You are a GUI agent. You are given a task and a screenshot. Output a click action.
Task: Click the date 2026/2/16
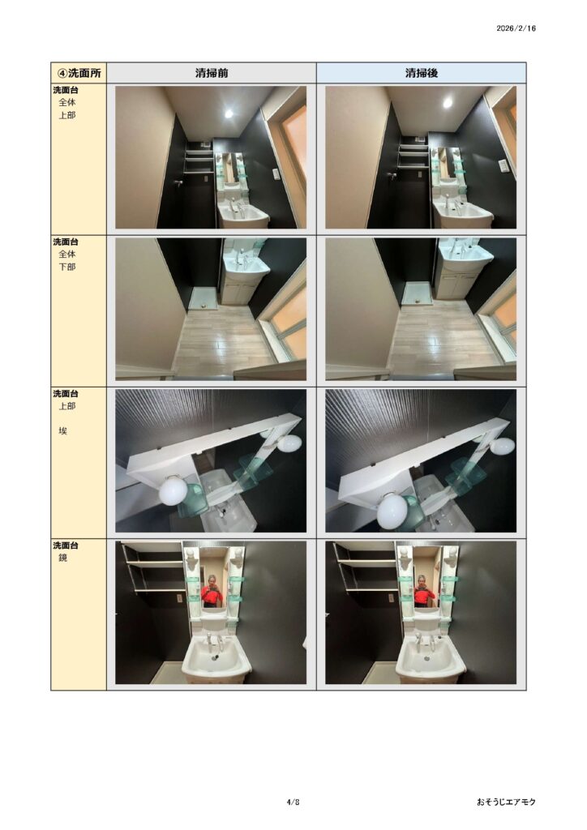click(516, 28)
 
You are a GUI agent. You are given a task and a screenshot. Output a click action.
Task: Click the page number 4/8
click(293, 802)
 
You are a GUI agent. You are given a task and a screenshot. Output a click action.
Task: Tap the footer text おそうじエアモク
click(506, 802)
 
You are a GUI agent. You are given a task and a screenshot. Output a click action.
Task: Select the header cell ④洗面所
click(79, 72)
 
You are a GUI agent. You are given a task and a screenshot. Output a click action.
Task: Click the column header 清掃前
click(211, 73)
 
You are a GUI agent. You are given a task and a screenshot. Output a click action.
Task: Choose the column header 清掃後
click(422, 73)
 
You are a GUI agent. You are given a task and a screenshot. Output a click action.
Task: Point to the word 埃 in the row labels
click(63, 431)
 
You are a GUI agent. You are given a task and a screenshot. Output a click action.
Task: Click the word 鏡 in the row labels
click(63, 558)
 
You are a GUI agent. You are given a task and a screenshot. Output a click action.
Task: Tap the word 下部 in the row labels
click(67, 267)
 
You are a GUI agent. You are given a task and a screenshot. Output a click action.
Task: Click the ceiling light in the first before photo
click(229, 113)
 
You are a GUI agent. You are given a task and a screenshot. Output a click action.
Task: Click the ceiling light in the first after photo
click(448, 103)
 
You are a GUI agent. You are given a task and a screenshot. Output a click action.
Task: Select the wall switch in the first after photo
click(503, 165)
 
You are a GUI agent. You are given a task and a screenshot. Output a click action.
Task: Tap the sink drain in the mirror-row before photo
click(214, 658)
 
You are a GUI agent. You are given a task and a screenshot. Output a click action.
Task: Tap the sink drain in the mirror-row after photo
click(427, 659)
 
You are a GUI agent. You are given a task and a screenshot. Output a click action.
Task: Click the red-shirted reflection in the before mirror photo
click(211, 592)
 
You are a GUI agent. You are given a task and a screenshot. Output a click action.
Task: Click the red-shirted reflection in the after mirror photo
click(422, 592)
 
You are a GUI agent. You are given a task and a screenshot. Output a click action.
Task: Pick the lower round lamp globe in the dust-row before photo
click(173, 490)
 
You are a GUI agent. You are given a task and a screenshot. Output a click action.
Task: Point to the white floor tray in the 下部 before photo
click(204, 298)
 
